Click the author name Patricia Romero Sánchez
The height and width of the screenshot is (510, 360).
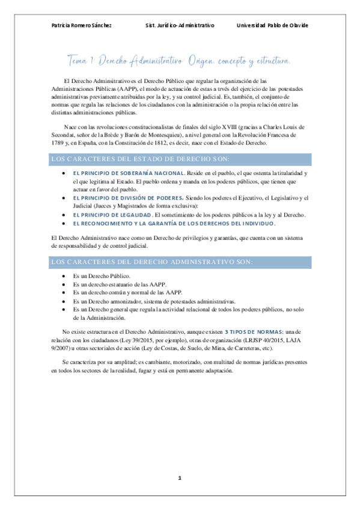pos(82,25)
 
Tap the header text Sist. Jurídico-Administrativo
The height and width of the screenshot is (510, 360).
pos(180,25)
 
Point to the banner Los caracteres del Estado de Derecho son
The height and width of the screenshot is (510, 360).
pos(180,159)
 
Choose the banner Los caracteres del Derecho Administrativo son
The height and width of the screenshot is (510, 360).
pos(180,262)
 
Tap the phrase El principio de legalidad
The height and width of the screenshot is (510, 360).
pos(112,214)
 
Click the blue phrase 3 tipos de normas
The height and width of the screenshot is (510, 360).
pos(249,332)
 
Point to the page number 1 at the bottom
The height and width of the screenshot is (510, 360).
pos(179,478)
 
